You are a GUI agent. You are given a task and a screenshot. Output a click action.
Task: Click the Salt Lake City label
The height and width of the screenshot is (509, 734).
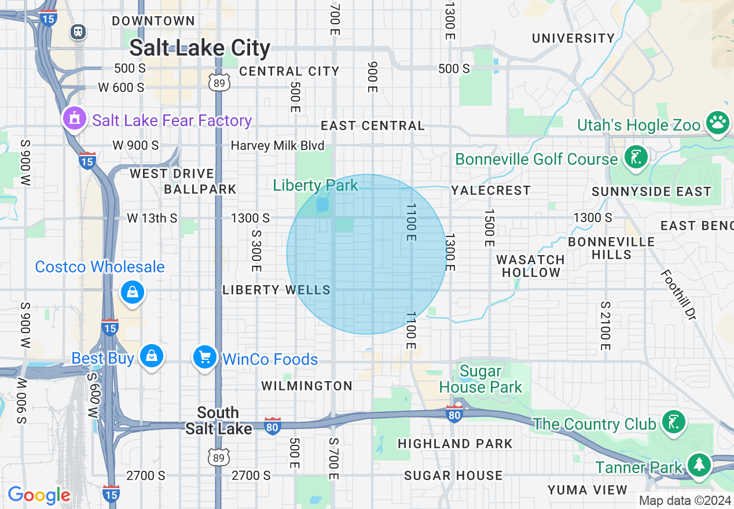(200, 47)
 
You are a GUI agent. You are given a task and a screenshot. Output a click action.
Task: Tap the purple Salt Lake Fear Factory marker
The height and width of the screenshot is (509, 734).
(74, 119)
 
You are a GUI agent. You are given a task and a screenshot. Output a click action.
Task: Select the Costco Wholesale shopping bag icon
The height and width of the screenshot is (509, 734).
(133, 293)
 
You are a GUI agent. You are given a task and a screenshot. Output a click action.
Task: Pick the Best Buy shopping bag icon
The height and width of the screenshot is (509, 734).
(152, 356)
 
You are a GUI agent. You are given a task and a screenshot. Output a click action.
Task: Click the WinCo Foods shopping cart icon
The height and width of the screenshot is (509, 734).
(204, 357)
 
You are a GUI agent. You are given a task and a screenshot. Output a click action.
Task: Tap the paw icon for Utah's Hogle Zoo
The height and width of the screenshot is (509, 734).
(718, 123)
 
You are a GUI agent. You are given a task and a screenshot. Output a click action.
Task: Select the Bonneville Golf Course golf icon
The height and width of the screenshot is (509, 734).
(636, 157)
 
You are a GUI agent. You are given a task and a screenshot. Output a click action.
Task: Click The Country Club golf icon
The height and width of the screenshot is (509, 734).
(674, 421)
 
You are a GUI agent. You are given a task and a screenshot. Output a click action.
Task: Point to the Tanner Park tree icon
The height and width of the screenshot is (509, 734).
(699, 464)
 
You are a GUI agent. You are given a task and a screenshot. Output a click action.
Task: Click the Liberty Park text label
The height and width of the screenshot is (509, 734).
(315, 185)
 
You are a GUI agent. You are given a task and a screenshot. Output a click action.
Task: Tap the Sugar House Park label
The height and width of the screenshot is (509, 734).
(480, 379)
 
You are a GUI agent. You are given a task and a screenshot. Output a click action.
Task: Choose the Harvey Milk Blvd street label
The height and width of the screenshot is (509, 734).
(277, 145)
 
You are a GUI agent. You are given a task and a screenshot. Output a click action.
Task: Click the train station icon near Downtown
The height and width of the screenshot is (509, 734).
(78, 32)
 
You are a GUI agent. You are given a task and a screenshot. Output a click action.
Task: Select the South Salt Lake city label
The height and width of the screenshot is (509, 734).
(218, 421)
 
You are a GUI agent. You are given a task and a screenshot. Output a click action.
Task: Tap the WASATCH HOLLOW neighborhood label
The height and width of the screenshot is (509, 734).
(530, 266)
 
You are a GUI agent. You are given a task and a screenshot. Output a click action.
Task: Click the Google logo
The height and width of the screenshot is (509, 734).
(39, 495)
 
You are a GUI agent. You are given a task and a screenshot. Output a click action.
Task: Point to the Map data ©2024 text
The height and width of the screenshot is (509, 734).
(685, 500)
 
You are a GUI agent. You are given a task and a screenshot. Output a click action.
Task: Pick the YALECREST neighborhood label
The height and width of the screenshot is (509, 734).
(490, 190)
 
